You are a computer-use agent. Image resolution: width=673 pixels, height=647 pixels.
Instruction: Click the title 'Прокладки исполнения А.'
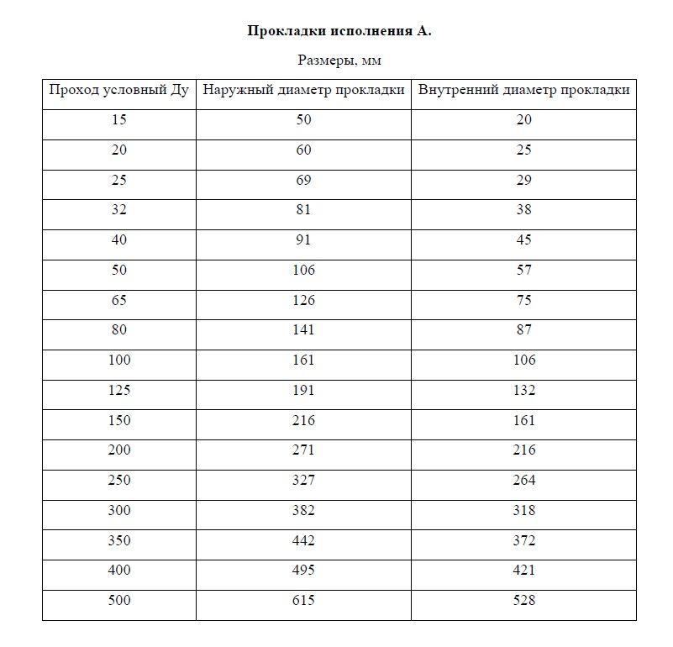[339, 31]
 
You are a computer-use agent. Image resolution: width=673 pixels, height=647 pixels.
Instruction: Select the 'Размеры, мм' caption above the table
[339, 60]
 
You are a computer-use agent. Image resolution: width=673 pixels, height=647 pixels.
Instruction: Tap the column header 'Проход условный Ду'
[118, 90]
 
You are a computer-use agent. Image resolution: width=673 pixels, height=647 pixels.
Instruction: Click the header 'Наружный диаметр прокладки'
[303, 90]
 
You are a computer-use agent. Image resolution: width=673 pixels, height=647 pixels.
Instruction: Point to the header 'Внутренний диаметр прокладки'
[523, 90]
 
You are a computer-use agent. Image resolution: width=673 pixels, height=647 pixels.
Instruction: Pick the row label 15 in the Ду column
[118, 120]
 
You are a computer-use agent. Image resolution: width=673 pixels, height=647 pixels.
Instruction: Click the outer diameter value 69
[303, 180]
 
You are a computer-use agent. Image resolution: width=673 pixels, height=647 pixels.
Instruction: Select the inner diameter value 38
[523, 210]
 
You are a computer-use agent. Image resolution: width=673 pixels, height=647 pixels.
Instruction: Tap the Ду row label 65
[118, 300]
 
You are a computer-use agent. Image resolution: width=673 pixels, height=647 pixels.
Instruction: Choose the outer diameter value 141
[303, 330]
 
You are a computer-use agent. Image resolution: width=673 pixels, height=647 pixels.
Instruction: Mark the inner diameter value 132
[523, 390]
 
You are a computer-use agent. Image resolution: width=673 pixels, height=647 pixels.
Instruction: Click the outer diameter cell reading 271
[303, 450]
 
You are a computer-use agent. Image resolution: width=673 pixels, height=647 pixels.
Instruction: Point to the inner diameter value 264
[523, 481]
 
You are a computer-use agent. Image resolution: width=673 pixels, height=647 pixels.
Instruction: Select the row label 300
[118, 510]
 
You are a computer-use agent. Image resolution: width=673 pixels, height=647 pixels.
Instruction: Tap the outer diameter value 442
[303, 540]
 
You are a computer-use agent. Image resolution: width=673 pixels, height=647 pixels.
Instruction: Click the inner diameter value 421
[523, 571]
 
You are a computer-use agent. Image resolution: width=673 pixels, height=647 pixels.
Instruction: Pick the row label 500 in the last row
[118, 600]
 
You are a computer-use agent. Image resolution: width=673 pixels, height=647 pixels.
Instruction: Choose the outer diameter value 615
[303, 600]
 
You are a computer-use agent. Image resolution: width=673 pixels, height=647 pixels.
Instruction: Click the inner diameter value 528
[523, 600]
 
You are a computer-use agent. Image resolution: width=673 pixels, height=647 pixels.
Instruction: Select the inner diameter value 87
[523, 330]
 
